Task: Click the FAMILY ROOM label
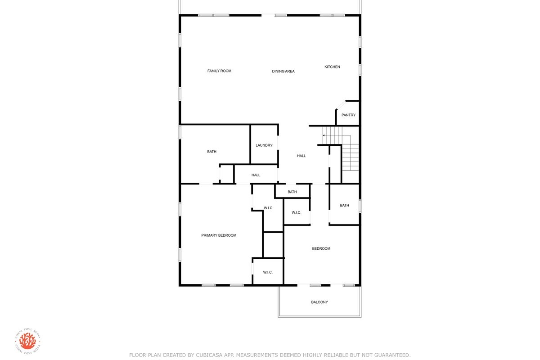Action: pos(219,71)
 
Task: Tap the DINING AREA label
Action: pos(283,72)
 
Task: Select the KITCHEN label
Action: pos(332,67)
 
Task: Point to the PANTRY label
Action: pos(348,115)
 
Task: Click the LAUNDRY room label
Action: pos(264,145)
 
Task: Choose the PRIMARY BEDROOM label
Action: pos(219,235)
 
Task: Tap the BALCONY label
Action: pos(319,302)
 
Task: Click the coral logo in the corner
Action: pos(28,341)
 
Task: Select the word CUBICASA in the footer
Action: pos(208,355)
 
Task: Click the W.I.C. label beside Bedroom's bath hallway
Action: pos(296,212)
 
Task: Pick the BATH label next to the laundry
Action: pos(211,152)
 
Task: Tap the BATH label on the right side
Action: pos(344,205)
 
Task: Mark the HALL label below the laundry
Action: pos(256,175)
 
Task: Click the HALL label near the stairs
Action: pos(301,156)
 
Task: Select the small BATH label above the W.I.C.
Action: pos(292,192)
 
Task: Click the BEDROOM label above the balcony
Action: pos(321,248)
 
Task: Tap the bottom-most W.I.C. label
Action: pos(268,272)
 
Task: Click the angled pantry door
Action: pos(341,105)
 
